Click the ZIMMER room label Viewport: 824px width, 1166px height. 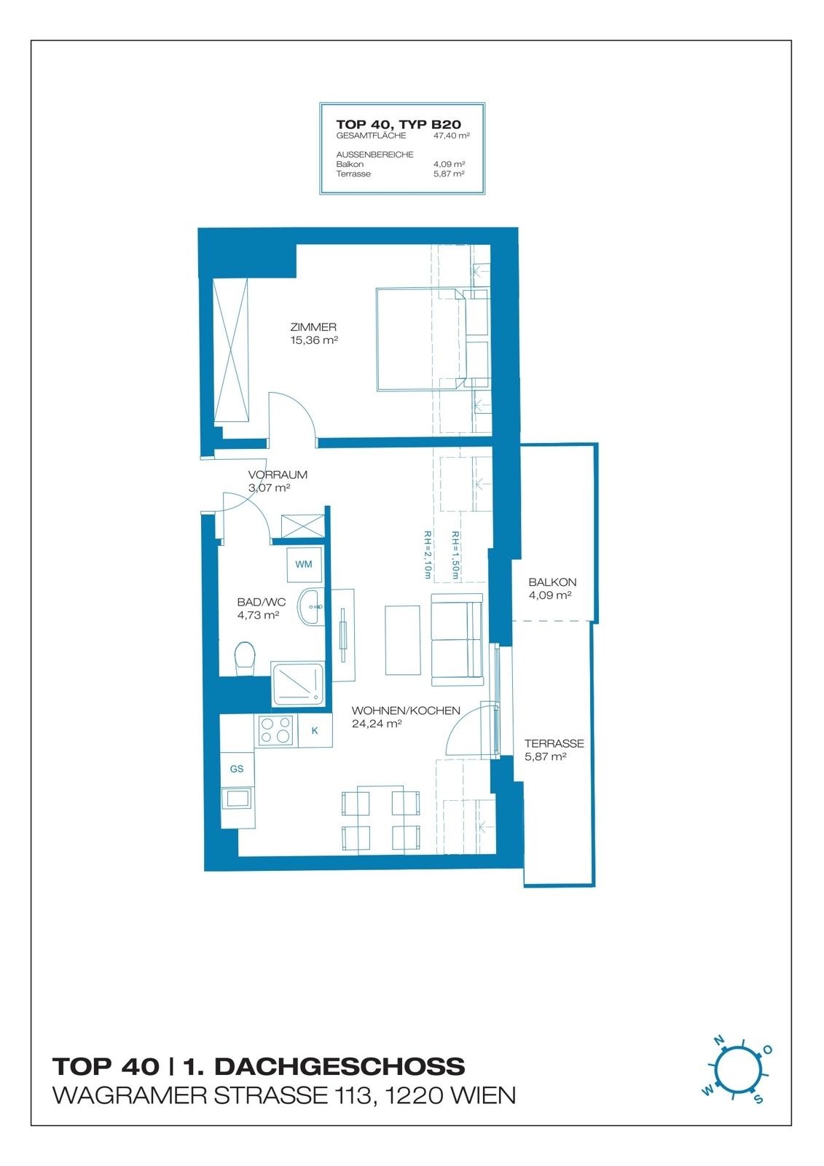click(313, 327)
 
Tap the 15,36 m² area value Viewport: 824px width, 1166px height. click(314, 340)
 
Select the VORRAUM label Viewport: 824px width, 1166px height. click(278, 474)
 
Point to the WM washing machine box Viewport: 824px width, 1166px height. click(304, 564)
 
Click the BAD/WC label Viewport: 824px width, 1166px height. click(262, 602)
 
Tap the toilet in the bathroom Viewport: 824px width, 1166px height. click(246, 658)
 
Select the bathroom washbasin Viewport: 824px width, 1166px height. click(311, 607)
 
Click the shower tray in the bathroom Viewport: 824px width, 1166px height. click(298, 684)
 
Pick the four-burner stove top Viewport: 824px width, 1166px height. click(276, 729)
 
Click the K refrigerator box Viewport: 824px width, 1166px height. click(315, 730)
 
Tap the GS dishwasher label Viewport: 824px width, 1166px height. click(237, 769)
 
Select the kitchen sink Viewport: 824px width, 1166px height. click(237, 798)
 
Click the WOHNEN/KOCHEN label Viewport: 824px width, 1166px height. click(406, 711)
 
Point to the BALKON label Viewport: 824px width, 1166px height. click(552, 582)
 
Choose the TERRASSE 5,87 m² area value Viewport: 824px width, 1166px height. click(545, 757)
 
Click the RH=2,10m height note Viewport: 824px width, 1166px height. click(428, 555)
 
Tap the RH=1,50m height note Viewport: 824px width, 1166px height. click(455, 555)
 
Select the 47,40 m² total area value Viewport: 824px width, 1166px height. click(452, 136)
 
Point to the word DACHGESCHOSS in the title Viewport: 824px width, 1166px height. click(340, 1067)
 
